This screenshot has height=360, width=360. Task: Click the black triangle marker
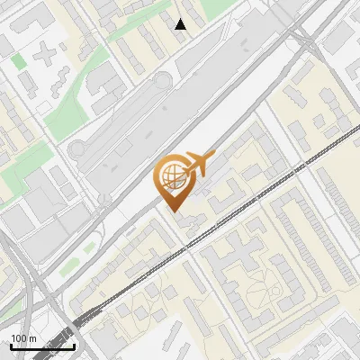coord(181,24)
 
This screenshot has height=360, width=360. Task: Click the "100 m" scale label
coord(23,338)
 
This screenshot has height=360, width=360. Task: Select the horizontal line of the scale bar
coord(42,346)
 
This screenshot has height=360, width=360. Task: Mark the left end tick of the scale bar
coord(11,345)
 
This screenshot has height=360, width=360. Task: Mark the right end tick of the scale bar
coord(74,345)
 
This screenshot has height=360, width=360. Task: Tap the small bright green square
coord(18,60)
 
